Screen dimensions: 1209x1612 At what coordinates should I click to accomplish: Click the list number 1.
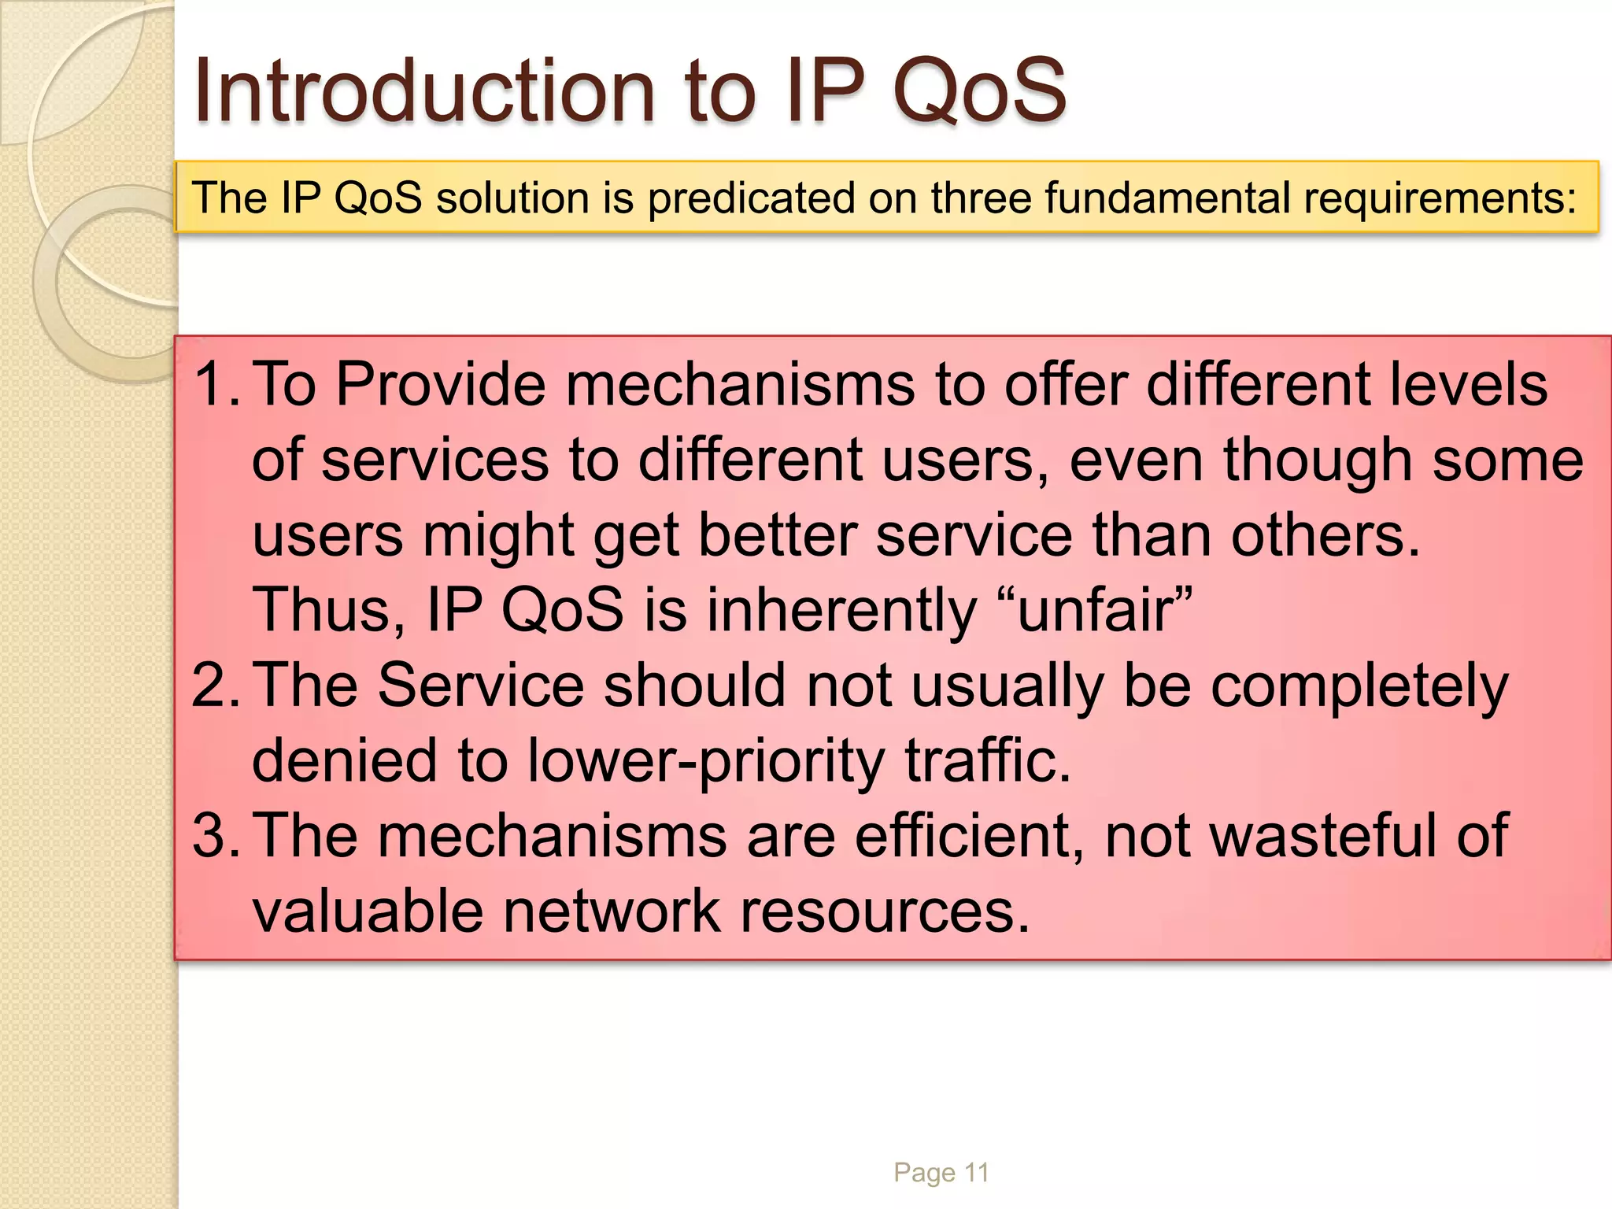(x=213, y=385)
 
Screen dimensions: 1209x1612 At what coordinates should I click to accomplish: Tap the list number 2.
(x=213, y=686)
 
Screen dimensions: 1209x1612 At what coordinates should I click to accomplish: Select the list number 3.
(x=213, y=836)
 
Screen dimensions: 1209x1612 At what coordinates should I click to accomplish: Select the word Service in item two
(x=480, y=686)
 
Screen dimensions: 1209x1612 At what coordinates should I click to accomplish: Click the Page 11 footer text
(x=941, y=1173)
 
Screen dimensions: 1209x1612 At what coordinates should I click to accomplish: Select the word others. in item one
(x=1325, y=536)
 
